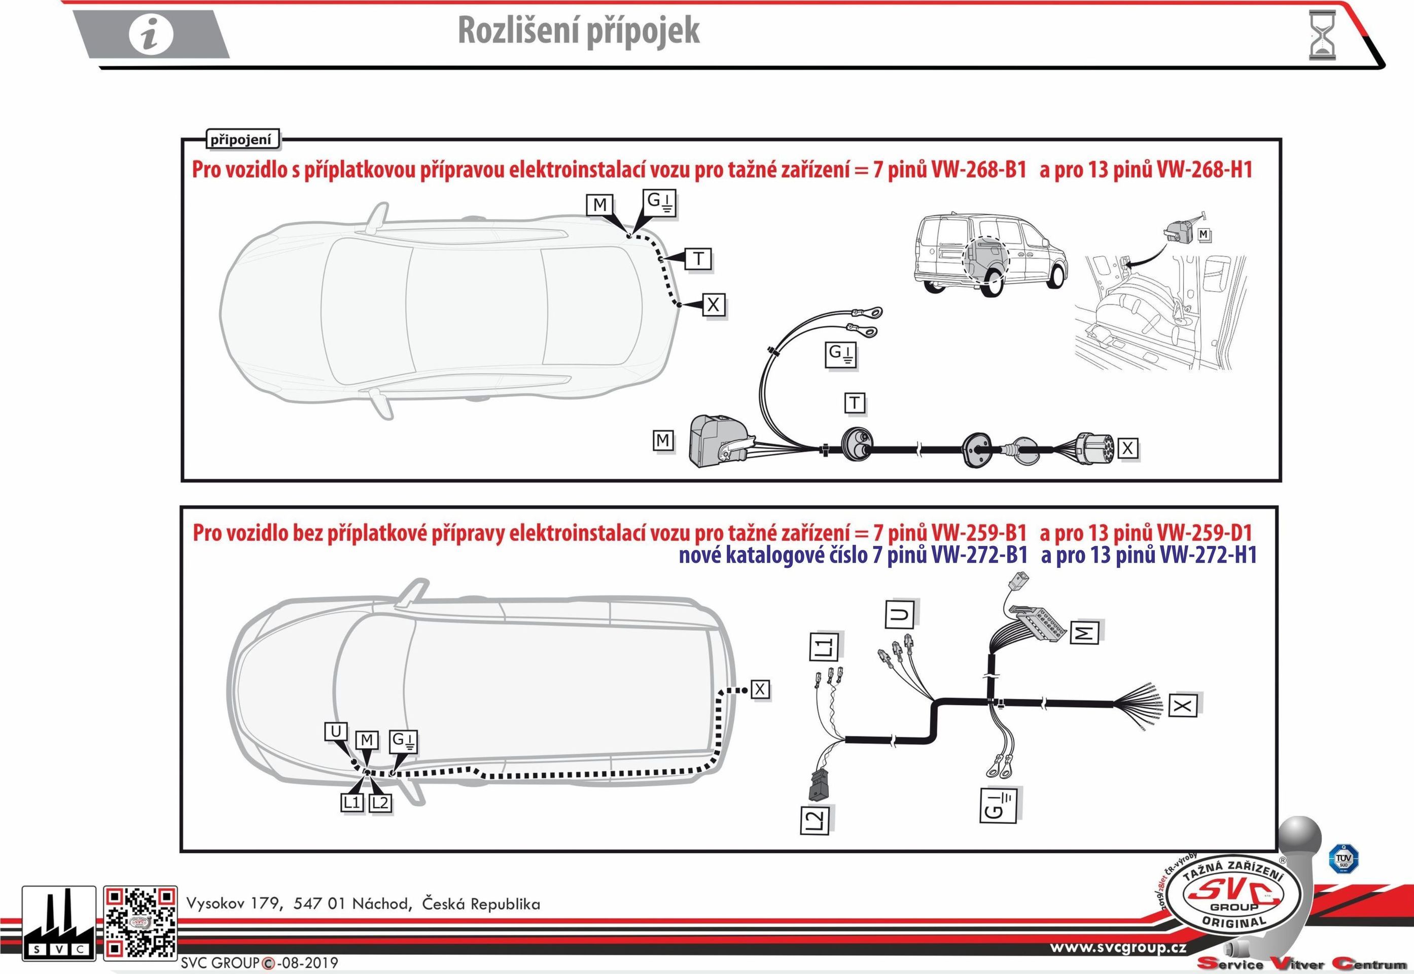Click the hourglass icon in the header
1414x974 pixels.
coord(1322,35)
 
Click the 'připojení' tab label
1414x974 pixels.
coord(242,140)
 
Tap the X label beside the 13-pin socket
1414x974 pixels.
coord(1127,448)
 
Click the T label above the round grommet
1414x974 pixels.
coord(855,403)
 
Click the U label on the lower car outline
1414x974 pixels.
coord(336,732)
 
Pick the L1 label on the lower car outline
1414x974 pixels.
coord(352,803)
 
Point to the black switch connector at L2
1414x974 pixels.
coord(816,784)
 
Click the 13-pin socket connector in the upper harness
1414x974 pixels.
coord(1094,448)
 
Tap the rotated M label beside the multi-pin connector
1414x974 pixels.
coord(1084,632)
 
